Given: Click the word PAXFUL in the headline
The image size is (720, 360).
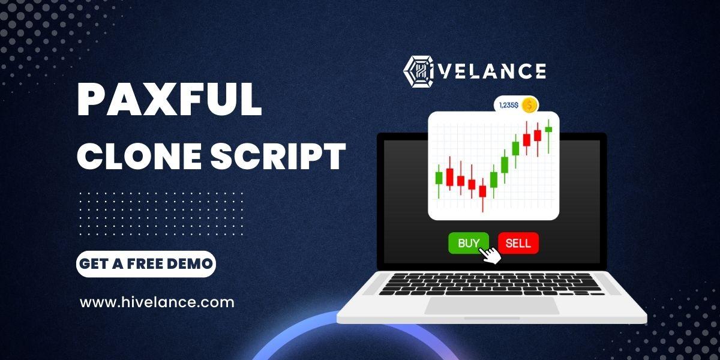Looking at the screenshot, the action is pos(169,100).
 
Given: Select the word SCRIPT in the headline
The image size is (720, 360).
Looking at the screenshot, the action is pos(278,156).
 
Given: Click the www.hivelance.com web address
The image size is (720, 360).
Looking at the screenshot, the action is pos(157,302).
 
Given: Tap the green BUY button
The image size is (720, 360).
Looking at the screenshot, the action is pos(469,243).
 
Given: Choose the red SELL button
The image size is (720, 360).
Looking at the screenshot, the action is pos(518,243).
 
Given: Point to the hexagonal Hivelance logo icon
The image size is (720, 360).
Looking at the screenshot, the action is pos(419,71).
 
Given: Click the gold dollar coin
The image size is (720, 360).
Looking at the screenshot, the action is pos(529,105).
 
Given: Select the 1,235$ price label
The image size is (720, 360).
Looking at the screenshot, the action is pos(509,105).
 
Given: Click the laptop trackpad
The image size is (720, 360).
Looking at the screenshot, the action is pos(492,305).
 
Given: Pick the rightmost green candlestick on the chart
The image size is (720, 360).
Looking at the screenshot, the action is pos(548,136).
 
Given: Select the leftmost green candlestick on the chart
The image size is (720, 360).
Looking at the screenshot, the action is pos(439,181).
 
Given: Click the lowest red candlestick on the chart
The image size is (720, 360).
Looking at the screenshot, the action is pos(482,195).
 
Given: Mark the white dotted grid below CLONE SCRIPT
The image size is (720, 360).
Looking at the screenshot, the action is pos(161,214).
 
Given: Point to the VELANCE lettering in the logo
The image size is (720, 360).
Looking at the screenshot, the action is pos(493,71).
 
